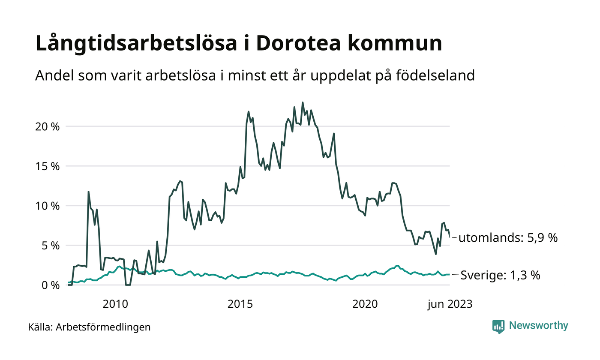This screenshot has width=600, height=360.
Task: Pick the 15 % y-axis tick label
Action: click(x=47, y=166)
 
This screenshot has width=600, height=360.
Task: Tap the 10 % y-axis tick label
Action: click(x=47, y=206)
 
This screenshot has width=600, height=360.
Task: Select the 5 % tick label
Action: click(x=50, y=246)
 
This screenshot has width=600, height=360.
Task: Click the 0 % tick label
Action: click(x=50, y=285)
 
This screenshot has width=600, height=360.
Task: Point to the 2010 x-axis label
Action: click(x=115, y=304)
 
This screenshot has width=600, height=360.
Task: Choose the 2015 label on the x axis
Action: click(x=240, y=304)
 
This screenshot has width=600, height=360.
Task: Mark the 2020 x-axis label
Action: click(x=365, y=304)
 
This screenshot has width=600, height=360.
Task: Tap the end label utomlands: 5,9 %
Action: click(x=508, y=238)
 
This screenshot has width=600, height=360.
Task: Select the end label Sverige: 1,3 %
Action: click(x=500, y=275)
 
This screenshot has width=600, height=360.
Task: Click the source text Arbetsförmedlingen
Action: click(x=103, y=327)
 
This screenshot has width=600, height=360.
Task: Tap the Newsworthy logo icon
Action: click(x=498, y=326)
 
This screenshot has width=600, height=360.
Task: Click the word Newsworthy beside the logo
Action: click(x=538, y=326)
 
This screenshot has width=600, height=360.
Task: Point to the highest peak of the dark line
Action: click(x=303, y=102)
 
